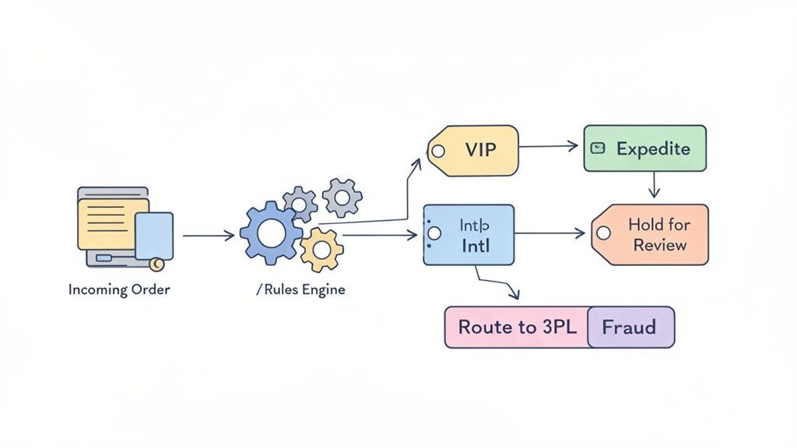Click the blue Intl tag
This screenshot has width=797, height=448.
(469, 235)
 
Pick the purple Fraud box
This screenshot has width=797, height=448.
(630, 327)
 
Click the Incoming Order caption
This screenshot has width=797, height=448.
(119, 289)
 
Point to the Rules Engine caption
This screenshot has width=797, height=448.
(300, 289)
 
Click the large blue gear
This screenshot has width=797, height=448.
(271, 232)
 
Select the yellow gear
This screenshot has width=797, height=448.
(321, 250)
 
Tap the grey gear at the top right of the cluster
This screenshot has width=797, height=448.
(342, 197)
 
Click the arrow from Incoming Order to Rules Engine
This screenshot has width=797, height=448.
(208, 235)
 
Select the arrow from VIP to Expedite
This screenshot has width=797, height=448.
(549, 145)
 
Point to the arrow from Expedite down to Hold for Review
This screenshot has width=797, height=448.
(654, 185)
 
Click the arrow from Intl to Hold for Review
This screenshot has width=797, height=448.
(549, 233)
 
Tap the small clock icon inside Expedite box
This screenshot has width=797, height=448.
(598, 148)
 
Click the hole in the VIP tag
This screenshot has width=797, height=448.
(438, 152)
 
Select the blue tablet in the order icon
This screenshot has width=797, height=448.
(153, 235)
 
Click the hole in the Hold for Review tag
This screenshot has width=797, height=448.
(602, 233)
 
